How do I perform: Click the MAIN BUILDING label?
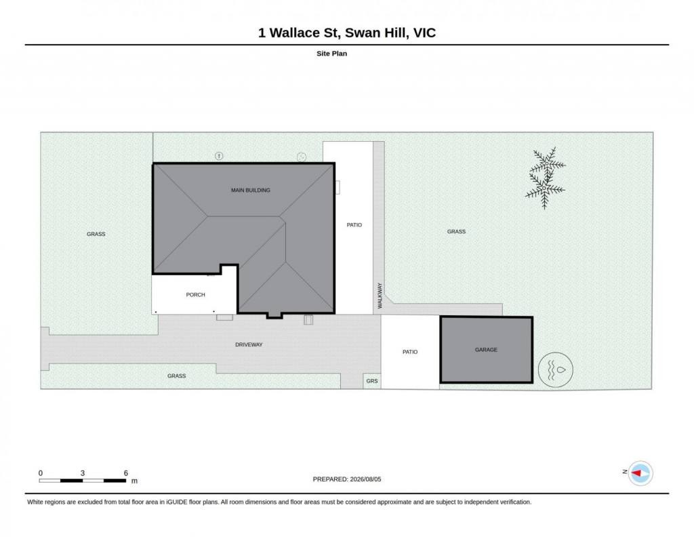point(251,191)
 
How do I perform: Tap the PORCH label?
point(196,295)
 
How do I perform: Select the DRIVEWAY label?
point(249,344)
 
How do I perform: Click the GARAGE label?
point(486,350)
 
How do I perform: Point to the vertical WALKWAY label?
point(380,296)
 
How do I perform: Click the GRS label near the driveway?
point(372,381)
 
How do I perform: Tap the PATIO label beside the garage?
point(410,352)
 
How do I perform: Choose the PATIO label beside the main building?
point(354,225)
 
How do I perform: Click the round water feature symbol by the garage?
point(556,370)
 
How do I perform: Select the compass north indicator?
point(640,473)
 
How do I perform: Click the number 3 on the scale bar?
point(82,473)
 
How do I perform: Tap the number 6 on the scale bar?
point(125,473)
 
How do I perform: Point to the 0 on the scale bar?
point(41,473)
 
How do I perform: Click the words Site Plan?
point(331,54)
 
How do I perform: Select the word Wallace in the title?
point(295,33)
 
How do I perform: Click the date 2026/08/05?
point(365,479)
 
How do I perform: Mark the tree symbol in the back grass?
point(546,178)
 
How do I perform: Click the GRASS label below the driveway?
point(177,376)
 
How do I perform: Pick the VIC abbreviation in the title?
point(424,33)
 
